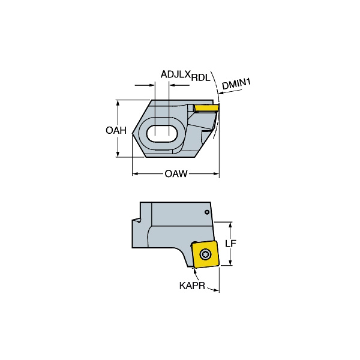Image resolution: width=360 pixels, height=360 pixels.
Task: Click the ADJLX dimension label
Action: (x=175, y=74)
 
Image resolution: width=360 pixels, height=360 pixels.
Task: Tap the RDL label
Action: (x=200, y=78)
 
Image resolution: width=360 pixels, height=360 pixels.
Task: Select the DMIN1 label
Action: (x=236, y=84)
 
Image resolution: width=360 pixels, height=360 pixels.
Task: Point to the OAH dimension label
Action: (x=116, y=130)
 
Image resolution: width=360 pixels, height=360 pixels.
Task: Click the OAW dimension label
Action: (x=176, y=173)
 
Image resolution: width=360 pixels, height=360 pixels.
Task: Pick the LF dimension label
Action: (x=230, y=244)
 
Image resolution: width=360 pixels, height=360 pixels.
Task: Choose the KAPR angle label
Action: (x=192, y=286)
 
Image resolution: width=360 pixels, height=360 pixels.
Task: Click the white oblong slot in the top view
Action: (x=162, y=134)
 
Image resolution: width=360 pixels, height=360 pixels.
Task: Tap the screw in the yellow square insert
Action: (x=205, y=254)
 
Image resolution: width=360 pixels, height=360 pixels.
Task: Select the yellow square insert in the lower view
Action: (x=205, y=254)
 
